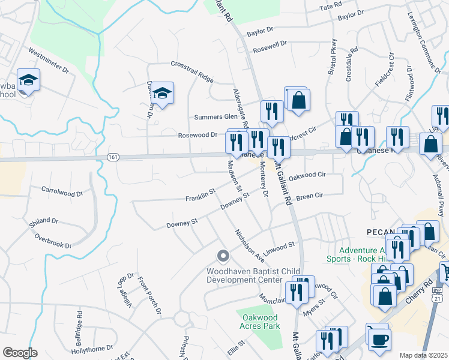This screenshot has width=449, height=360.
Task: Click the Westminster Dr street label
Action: (x=49, y=60)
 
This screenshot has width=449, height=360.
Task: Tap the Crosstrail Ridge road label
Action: (x=192, y=71)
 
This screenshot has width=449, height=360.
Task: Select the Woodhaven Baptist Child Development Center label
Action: (x=244, y=275)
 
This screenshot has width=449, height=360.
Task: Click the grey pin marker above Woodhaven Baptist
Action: (x=223, y=257)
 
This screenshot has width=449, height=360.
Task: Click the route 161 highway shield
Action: (x=113, y=157)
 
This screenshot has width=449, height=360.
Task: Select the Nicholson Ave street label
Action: (x=249, y=246)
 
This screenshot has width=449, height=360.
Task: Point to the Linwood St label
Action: (x=280, y=245)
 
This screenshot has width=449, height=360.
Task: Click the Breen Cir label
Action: (x=310, y=196)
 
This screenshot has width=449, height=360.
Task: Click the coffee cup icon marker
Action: (x=378, y=340)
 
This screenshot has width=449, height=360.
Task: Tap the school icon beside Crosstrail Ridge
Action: (x=162, y=93)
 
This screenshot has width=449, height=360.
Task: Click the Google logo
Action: (x=20, y=353)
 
